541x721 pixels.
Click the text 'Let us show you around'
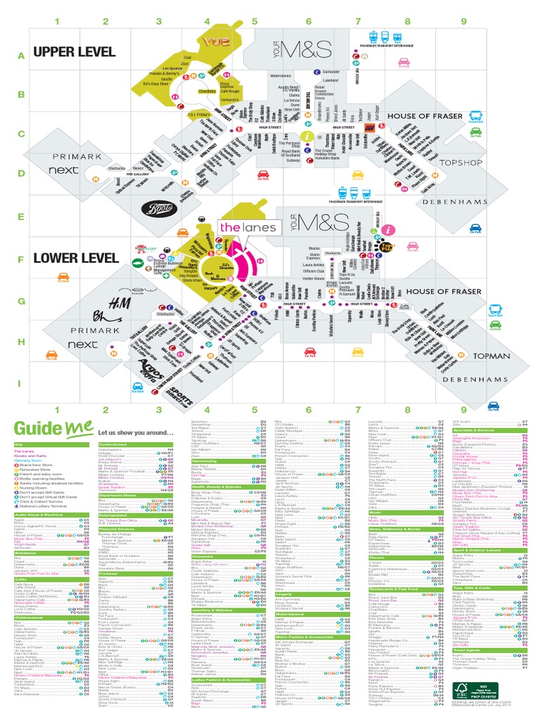[x=135, y=432]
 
